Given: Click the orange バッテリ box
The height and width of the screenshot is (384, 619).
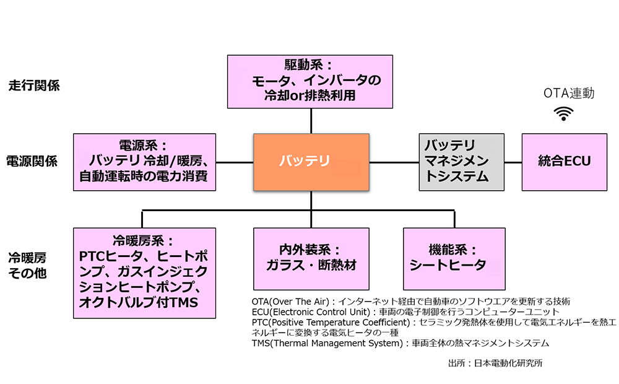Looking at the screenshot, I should click(311, 162).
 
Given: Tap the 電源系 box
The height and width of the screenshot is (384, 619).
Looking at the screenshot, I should click(144, 162).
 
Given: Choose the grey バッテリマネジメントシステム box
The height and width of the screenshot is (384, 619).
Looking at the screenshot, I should click(461, 162).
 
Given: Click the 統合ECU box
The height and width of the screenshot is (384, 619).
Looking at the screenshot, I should click(564, 162).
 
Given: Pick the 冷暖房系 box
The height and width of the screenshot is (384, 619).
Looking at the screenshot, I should click(144, 268).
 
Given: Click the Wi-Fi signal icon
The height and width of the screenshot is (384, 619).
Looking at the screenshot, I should click(563, 113).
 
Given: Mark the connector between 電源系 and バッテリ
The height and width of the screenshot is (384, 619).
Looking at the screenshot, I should click(235, 162).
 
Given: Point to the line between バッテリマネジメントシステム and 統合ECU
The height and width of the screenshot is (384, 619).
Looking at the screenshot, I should click(513, 162).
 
